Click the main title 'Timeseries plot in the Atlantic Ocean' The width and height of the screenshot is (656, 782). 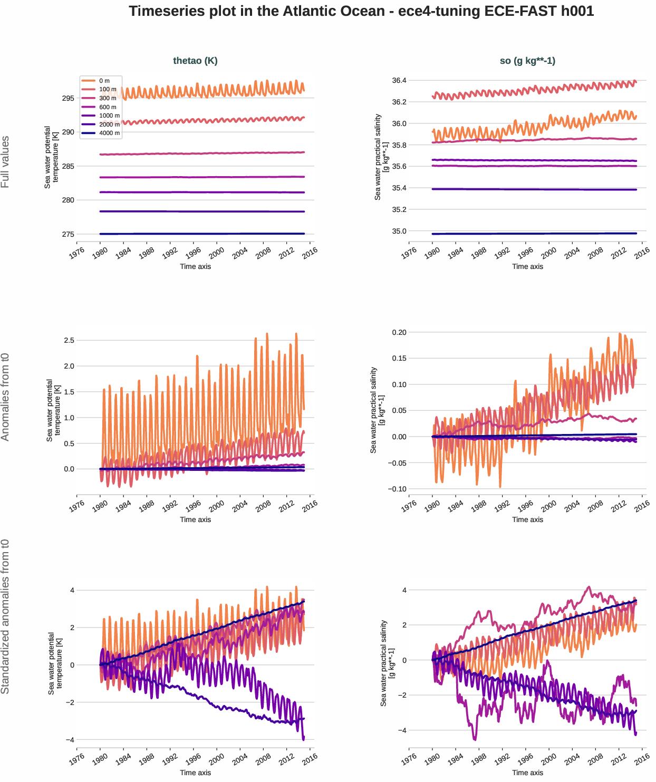(361, 11)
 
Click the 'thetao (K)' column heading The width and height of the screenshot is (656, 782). (195, 61)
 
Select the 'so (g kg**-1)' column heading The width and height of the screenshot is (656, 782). (527, 61)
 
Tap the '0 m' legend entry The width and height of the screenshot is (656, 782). (104, 81)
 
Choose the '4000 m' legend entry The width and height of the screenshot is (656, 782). (109, 133)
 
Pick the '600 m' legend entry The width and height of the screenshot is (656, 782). (108, 107)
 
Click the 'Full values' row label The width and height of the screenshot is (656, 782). (5, 162)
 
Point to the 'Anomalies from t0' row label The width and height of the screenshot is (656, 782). (5, 397)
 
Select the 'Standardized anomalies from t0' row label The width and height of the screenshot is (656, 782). (5, 616)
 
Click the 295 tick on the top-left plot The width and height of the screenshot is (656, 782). (68, 98)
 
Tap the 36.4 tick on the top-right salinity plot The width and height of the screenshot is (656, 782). (399, 81)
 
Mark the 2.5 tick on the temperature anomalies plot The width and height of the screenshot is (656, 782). (69, 340)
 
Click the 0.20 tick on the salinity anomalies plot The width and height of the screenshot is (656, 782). (399, 332)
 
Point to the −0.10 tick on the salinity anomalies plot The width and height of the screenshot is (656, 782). (397, 489)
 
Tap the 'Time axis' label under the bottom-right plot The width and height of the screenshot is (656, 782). (527, 773)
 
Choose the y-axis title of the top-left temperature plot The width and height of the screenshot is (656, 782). (51, 157)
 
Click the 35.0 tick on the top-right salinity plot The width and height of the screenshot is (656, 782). (399, 231)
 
